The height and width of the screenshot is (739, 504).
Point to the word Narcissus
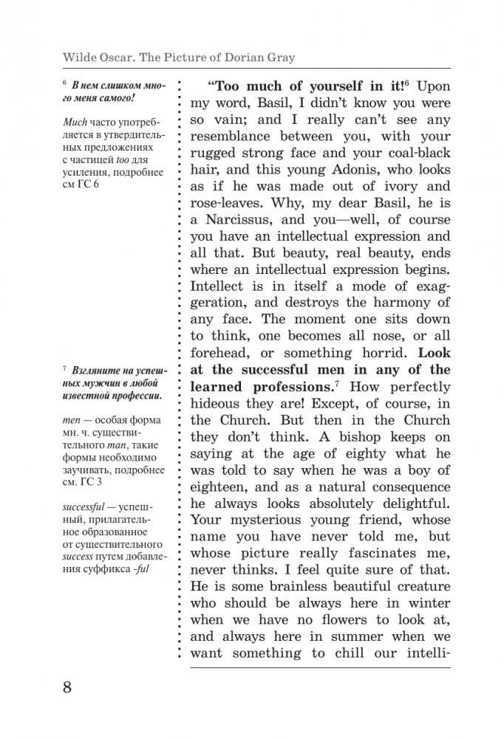pos(241,219)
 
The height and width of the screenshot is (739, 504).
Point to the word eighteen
pos(222,487)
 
